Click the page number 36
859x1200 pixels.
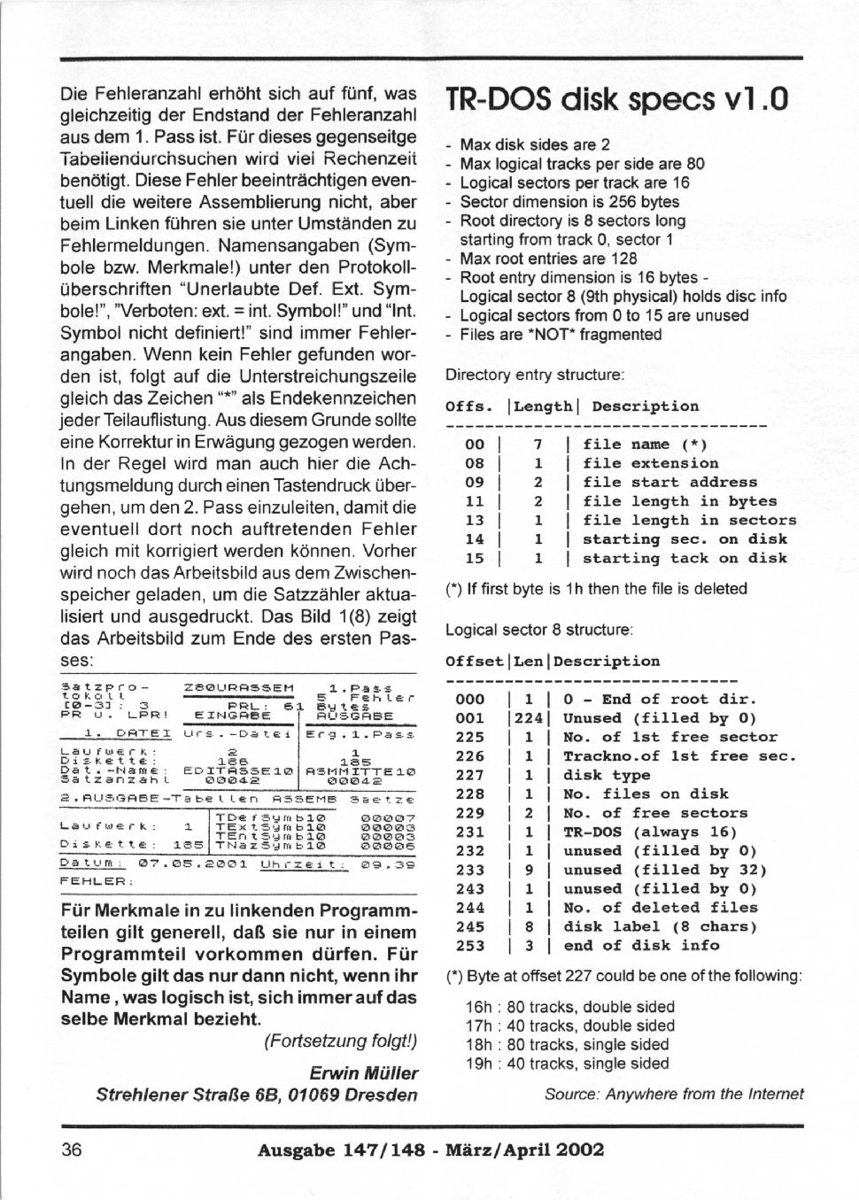(72, 1150)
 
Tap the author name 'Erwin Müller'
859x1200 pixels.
(364, 1073)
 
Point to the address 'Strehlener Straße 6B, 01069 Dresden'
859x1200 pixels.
(257, 1095)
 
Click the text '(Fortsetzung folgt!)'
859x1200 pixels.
(340, 1041)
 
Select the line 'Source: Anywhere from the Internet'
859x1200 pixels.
(674, 1094)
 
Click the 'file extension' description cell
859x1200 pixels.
(650, 463)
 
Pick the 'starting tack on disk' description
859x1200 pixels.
(684, 558)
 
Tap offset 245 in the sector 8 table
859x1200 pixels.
(469, 926)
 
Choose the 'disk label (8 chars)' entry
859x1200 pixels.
(660, 926)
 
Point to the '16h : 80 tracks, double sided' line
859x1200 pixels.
(569, 1007)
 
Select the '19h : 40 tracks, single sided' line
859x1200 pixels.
(567, 1064)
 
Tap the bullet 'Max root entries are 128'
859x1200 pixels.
(547, 259)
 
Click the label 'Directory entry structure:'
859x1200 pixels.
(535, 375)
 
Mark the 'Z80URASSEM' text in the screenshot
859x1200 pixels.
(238, 687)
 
